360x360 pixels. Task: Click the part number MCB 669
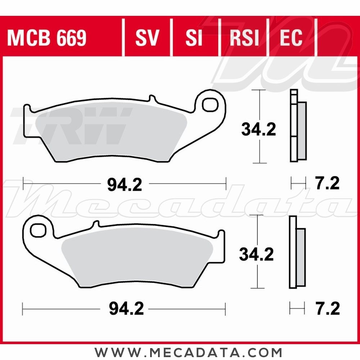(x=46, y=38)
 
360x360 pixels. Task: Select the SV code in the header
(x=147, y=38)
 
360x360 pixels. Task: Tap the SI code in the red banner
(x=194, y=38)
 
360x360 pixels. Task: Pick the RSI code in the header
(x=244, y=38)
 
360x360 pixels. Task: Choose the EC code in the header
(x=291, y=38)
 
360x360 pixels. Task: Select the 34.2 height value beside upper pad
(x=258, y=129)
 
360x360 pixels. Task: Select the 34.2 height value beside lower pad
(x=257, y=255)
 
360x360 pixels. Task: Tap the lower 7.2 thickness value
(x=327, y=309)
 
